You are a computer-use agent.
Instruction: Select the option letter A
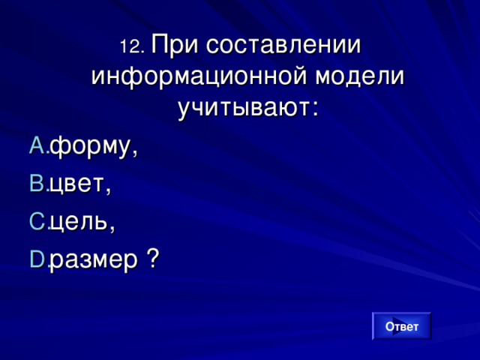36,147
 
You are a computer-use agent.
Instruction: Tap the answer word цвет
77,184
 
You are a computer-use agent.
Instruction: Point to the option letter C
36,222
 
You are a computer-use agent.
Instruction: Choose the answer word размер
93,260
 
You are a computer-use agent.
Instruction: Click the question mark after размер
152,259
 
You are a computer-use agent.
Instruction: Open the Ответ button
401,326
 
